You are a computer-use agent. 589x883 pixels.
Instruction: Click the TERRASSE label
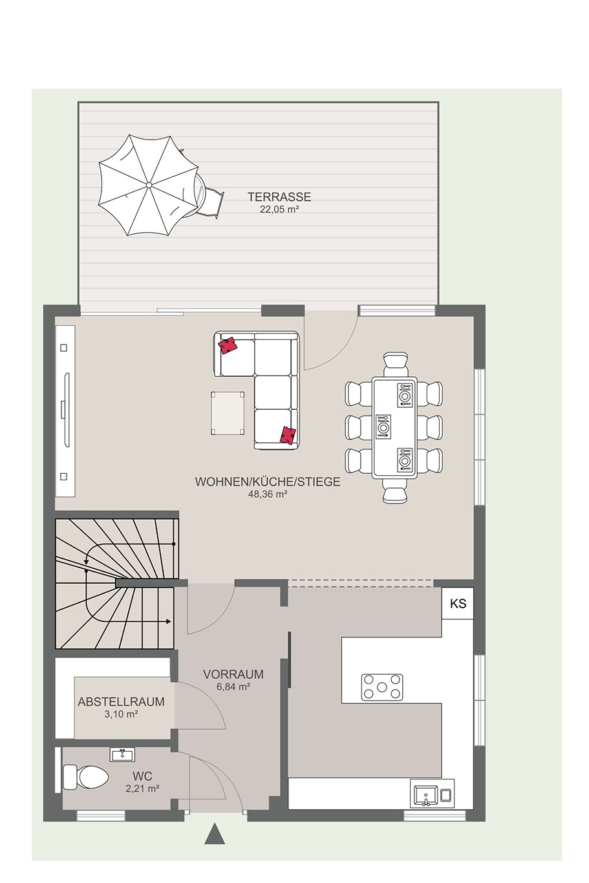(x=279, y=197)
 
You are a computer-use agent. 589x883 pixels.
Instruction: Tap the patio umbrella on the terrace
(x=148, y=186)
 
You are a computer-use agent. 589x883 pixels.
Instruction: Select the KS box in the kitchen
(x=458, y=603)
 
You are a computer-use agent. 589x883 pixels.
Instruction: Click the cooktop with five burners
(x=381, y=687)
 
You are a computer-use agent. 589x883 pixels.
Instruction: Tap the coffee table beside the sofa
(x=227, y=412)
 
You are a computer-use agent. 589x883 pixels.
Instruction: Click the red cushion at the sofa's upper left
(x=228, y=345)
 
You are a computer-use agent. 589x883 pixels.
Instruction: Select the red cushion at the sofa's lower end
(x=288, y=436)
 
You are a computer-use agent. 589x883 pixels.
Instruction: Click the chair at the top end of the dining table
(x=394, y=364)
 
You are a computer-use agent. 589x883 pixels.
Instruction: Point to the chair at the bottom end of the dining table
(x=394, y=491)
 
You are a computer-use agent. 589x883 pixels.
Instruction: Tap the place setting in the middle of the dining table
(x=382, y=427)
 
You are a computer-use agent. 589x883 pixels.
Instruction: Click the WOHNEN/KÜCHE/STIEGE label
(x=267, y=482)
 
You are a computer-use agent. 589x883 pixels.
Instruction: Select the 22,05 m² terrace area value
(x=279, y=209)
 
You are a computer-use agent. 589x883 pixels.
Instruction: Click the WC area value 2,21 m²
(x=142, y=789)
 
